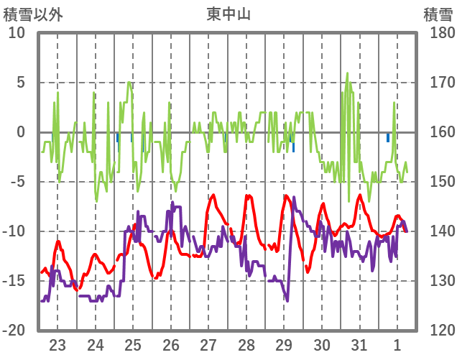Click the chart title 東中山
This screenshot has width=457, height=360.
228,13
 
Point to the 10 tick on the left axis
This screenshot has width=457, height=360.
17,33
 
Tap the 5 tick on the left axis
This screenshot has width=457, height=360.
20,83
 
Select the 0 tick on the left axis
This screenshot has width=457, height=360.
20,132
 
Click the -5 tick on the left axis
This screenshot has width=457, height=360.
17,182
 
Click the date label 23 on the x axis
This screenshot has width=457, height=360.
57,344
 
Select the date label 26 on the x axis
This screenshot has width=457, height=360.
171,344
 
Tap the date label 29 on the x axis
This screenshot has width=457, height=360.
284,344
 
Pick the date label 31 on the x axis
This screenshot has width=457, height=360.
359,344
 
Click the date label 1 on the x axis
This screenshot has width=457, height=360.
397,344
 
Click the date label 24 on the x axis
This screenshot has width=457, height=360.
96,344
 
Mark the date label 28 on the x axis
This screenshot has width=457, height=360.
246,344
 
